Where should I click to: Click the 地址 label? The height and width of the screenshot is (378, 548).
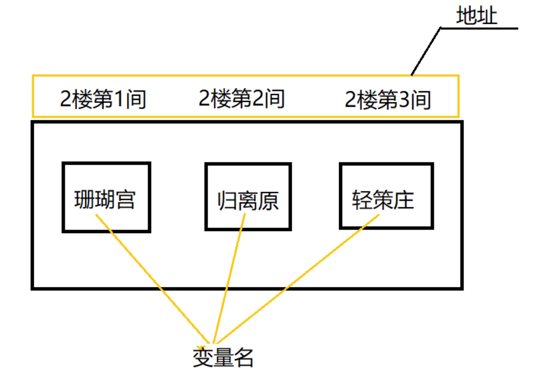[476, 16]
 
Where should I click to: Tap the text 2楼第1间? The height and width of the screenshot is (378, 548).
[103, 99]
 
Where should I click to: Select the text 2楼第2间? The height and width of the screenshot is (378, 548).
[241, 98]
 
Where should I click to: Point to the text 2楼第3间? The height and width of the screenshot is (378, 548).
[388, 100]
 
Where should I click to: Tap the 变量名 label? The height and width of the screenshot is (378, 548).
[223, 357]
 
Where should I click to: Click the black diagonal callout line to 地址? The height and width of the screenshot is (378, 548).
[426, 52]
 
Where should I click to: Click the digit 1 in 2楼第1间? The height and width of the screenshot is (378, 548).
[119, 99]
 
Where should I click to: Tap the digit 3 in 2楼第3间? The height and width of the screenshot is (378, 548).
[404, 100]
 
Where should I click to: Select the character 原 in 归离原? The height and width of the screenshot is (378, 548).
[268, 201]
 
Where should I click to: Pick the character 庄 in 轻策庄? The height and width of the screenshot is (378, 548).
[404, 200]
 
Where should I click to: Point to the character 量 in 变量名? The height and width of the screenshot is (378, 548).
[223, 357]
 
